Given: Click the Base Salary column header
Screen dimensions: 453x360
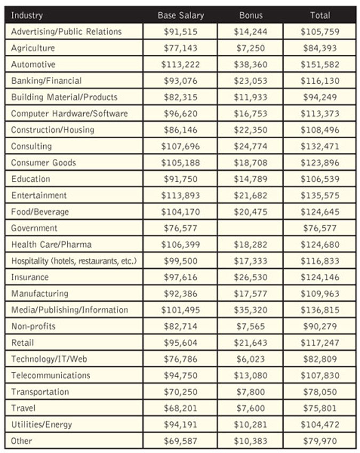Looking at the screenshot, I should pyautogui.click(x=180, y=15).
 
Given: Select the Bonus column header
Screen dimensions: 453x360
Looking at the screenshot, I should pyautogui.click(x=251, y=15).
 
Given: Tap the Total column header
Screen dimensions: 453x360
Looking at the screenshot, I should pyautogui.click(x=319, y=15).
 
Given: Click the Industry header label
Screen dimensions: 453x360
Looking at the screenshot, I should pyautogui.click(x=27, y=15).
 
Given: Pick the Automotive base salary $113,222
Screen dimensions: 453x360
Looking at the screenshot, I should pyautogui.click(x=180, y=65).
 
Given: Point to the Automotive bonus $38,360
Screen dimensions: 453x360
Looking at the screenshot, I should pyautogui.click(x=251, y=65).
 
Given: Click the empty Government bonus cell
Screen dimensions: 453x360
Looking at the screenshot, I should pyautogui.click(x=251, y=228).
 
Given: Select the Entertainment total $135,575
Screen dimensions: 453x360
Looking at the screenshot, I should pyautogui.click(x=319, y=195).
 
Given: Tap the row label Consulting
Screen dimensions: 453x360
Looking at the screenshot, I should pyautogui.click(x=31, y=146).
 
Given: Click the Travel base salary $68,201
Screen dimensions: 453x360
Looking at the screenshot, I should pyautogui.click(x=180, y=408).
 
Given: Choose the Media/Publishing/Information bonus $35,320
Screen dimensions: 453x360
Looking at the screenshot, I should pyautogui.click(x=251, y=310).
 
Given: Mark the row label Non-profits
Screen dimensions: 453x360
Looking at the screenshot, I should pyautogui.click(x=33, y=326).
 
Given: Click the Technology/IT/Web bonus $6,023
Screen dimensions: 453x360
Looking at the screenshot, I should pyautogui.click(x=251, y=359).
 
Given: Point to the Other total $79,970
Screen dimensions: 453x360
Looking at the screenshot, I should pyautogui.click(x=319, y=441).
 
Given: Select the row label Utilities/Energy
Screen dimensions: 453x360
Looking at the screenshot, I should pyautogui.click(x=41, y=425).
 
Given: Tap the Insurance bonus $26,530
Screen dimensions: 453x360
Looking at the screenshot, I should pyautogui.click(x=251, y=277).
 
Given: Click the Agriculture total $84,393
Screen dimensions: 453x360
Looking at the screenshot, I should pyautogui.click(x=319, y=48).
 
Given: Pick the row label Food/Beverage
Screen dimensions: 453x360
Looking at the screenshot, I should pyautogui.click(x=40, y=212).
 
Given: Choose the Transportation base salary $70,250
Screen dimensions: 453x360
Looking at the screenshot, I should pyautogui.click(x=180, y=392).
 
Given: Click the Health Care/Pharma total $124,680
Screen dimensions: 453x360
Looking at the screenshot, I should pyautogui.click(x=319, y=244).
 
